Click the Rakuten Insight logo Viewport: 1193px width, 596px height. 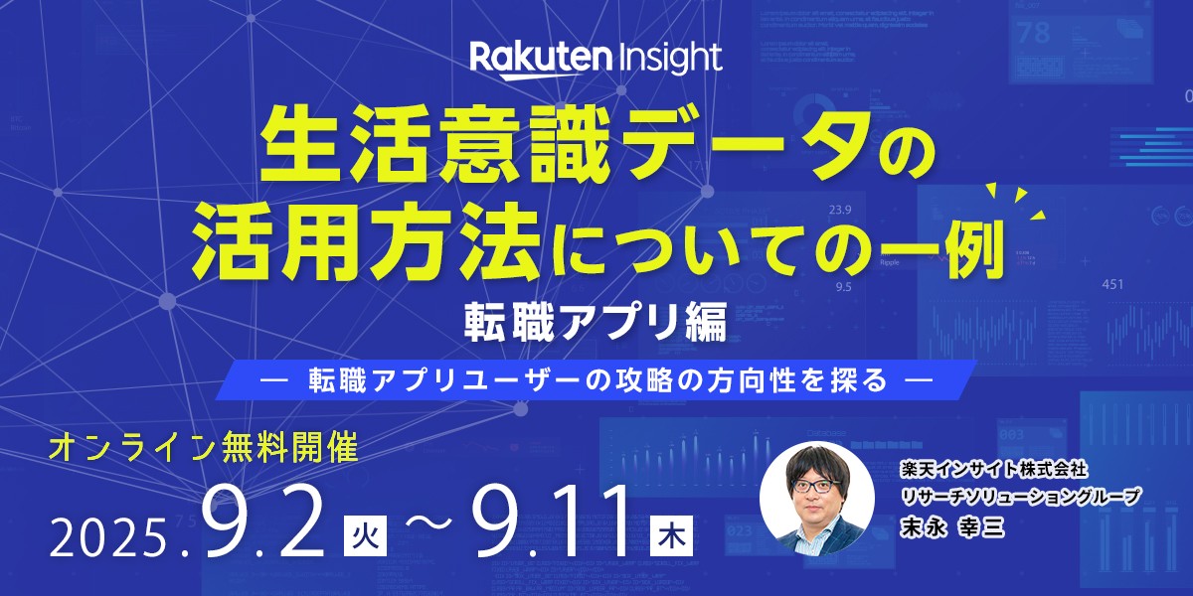[x=596, y=57]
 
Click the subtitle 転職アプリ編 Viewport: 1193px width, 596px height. [x=596, y=324]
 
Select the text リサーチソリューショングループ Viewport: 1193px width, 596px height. [x=1005, y=495]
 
